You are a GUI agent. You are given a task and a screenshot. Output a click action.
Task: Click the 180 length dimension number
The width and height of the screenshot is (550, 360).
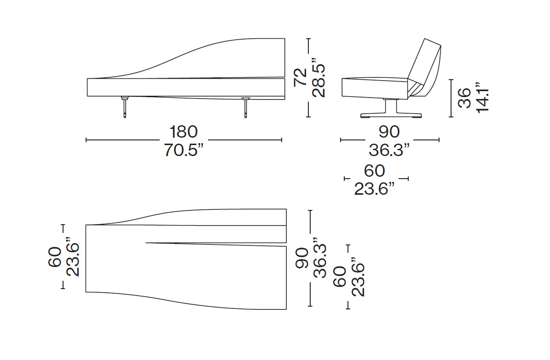click(x=184, y=132)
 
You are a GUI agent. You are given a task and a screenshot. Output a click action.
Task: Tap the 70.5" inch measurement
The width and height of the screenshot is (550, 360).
click(x=184, y=150)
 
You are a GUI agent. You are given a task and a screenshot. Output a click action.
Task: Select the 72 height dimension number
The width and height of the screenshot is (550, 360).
click(x=300, y=77)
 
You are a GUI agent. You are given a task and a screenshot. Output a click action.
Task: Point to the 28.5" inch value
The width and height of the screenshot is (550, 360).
click(x=319, y=80)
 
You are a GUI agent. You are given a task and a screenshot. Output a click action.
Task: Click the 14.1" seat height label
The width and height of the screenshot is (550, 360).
click(x=482, y=98)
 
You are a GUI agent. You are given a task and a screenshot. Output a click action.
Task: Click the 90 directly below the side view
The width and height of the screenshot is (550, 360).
click(x=389, y=132)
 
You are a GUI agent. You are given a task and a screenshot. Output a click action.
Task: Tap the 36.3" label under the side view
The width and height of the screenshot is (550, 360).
click(x=389, y=150)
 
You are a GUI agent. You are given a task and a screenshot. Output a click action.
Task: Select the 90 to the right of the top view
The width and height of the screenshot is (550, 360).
click(x=301, y=258)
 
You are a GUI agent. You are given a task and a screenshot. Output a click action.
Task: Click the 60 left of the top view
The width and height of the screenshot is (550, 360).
click(x=55, y=257)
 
